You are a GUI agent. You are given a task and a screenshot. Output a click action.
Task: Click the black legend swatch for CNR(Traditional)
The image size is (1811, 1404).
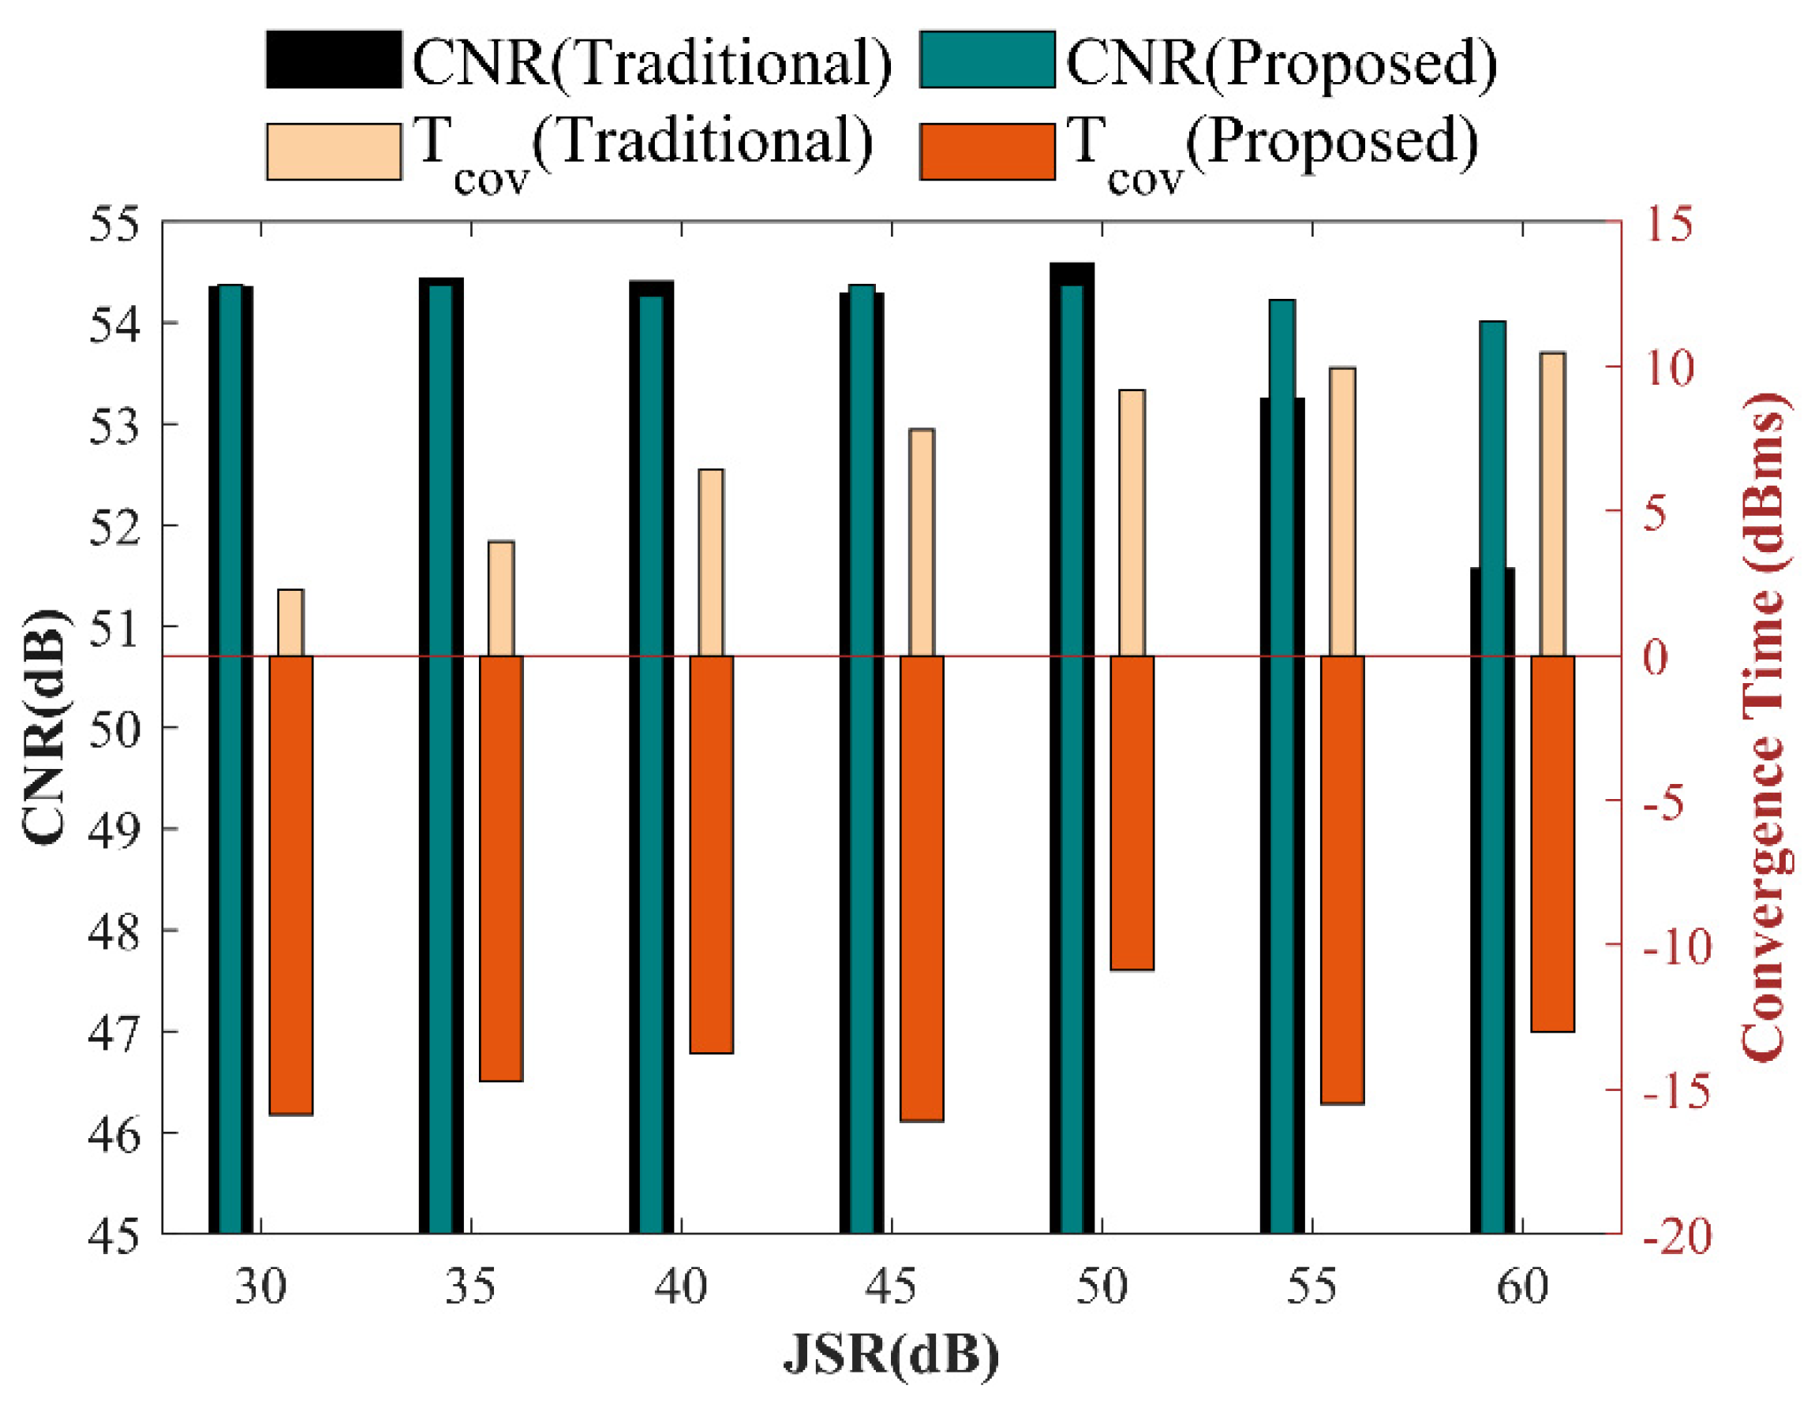pos(333,59)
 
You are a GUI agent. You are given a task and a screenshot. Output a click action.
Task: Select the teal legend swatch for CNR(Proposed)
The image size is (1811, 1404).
pos(986,59)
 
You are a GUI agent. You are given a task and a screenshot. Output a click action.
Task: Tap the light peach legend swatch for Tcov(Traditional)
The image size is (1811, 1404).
pos(333,151)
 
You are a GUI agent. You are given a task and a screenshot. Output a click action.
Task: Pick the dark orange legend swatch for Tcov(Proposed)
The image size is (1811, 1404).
pos(986,151)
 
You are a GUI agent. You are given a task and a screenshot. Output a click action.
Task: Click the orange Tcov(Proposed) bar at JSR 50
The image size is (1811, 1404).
pos(1132,812)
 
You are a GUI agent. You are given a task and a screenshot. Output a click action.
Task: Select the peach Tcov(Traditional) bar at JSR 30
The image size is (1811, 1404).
pos(290,622)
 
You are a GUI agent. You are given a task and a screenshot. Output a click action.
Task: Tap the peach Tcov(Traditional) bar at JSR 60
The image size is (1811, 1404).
pos(1552,504)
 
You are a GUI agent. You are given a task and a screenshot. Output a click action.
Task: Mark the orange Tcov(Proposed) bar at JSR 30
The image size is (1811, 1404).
pos(291,884)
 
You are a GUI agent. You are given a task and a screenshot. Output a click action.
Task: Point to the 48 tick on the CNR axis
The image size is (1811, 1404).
pos(114,932)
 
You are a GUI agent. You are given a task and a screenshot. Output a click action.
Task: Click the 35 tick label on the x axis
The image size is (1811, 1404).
pos(470,1287)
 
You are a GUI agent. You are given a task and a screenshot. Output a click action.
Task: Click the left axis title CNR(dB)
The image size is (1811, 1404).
pos(43,727)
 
